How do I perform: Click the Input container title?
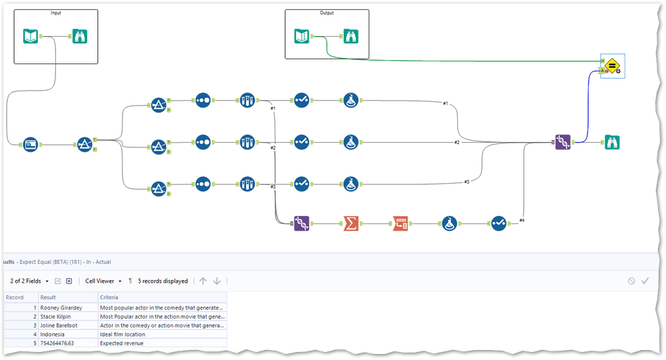point(55,13)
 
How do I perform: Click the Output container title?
point(327,13)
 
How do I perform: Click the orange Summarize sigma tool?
point(351,223)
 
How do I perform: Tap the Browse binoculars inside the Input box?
point(81,36)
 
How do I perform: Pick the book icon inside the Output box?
point(302,36)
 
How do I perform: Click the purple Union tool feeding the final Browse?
point(563,142)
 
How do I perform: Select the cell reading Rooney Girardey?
point(61,307)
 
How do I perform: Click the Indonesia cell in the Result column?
point(53,334)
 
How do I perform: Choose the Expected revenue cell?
point(121,343)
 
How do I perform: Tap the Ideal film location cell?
point(126,334)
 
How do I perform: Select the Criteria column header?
point(110,297)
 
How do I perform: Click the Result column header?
point(48,297)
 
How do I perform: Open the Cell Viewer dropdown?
point(103,281)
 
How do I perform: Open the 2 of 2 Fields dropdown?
point(29,281)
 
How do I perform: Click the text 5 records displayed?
point(163,281)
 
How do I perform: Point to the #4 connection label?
point(521,219)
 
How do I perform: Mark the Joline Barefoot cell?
point(59,325)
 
